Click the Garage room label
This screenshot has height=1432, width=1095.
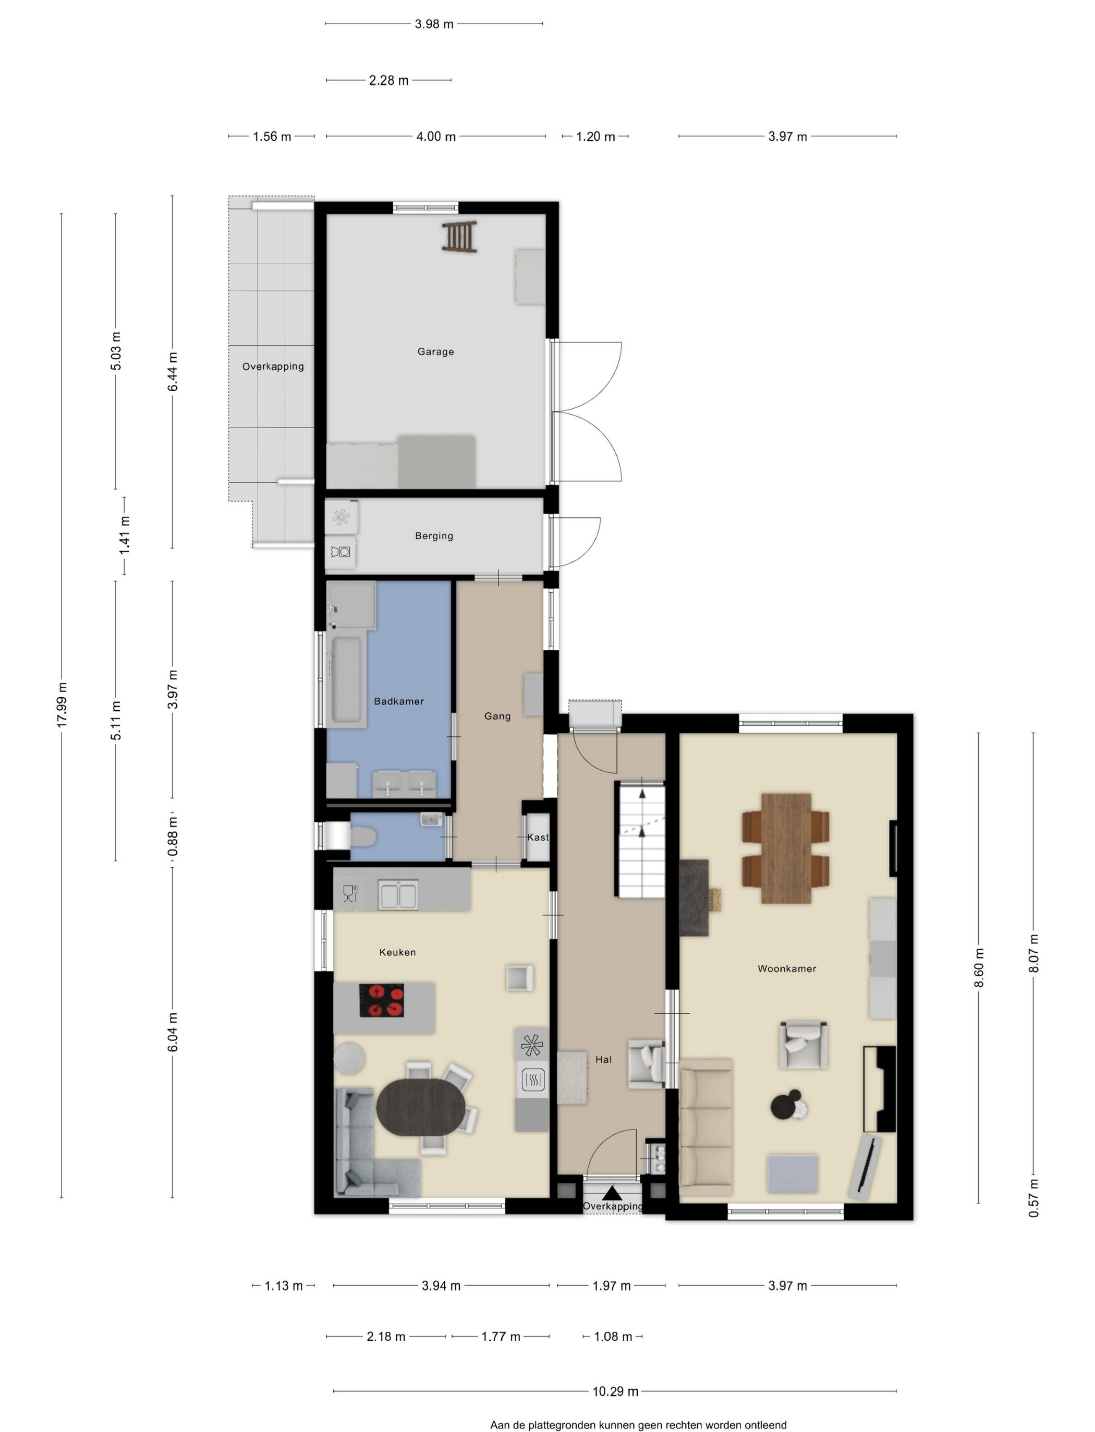pyautogui.click(x=435, y=352)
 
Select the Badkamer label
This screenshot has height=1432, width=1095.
pyautogui.click(x=399, y=701)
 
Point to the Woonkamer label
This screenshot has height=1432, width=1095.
pyautogui.click(x=787, y=968)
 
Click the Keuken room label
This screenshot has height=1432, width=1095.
pyautogui.click(x=397, y=952)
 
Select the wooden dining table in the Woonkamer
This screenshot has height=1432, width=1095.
pyautogui.click(x=786, y=848)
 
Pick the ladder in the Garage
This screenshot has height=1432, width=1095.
pyautogui.click(x=459, y=237)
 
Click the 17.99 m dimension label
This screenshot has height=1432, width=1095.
pyautogui.click(x=62, y=705)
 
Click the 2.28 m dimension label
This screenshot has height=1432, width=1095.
pyautogui.click(x=388, y=80)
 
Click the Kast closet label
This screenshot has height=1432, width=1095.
pyautogui.click(x=538, y=838)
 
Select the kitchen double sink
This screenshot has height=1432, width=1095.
pyautogui.click(x=398, y=894)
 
